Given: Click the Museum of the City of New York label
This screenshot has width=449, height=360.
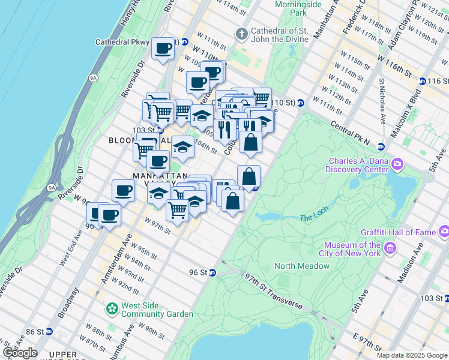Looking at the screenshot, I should [352, 249].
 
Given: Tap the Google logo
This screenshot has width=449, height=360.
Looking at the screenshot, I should [20, 353].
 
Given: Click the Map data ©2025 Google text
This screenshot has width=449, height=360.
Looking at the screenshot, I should [411, 355].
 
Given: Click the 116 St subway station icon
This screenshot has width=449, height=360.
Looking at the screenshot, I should [423, 81].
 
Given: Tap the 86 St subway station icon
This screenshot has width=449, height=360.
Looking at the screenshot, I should [49, 331].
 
